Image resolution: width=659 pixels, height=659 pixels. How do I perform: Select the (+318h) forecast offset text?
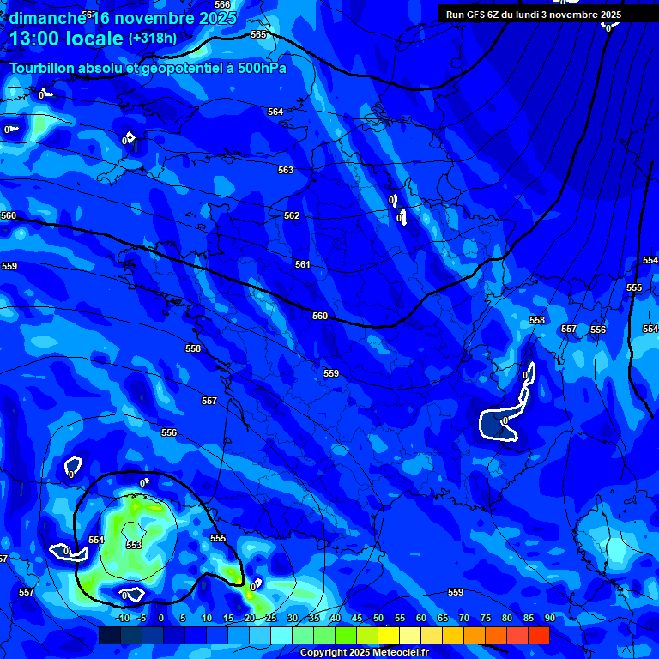153,39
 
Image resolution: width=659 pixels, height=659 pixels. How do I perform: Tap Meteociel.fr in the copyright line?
400,653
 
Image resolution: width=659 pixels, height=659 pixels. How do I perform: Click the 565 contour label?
258,34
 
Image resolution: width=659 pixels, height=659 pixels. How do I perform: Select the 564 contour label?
275,112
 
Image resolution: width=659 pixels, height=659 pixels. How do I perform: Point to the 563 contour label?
286,171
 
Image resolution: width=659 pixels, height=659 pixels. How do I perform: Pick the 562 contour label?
292,216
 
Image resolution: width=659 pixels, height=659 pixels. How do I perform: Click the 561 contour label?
302,265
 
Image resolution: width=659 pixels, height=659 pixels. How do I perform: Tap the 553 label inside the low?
134,545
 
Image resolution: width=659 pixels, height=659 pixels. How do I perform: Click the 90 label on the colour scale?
550,619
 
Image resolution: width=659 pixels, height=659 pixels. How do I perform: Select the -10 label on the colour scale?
123,619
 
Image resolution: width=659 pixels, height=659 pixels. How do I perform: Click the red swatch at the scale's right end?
538,635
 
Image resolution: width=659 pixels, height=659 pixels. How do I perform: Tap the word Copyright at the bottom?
323,653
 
